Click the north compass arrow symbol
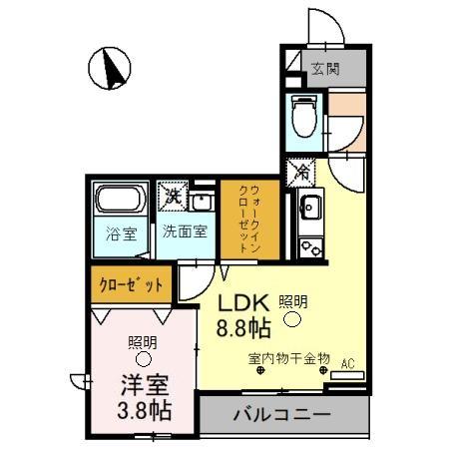(x=112, y=69)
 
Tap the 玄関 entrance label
(x=324, y=69)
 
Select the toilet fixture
(x=303, y=118)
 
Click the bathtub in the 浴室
(x=122, y=203)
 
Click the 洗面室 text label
(x=186, y=231)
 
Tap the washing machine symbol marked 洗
(x=172, y=195)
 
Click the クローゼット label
(x=130, y=285)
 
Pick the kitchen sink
(x=309, y=211)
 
